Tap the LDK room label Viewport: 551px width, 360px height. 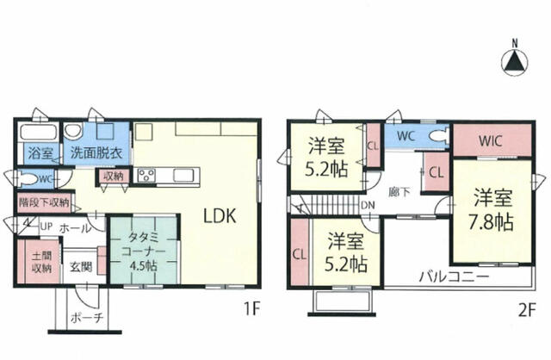220,216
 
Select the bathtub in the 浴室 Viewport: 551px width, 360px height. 39,132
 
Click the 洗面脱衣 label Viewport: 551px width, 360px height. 96,153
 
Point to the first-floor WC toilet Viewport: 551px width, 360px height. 28,178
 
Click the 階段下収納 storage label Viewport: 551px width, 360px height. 44,202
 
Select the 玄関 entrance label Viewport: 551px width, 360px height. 81,267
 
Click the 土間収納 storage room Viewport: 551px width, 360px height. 41,262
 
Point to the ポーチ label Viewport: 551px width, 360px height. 86,318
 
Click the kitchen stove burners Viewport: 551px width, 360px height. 146,175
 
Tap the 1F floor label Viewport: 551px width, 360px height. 251,309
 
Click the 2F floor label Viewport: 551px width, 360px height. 526,310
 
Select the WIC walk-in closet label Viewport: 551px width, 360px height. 490,141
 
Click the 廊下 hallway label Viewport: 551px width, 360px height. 399,192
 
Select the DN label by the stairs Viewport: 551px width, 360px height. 368,205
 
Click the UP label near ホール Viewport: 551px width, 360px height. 46,227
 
